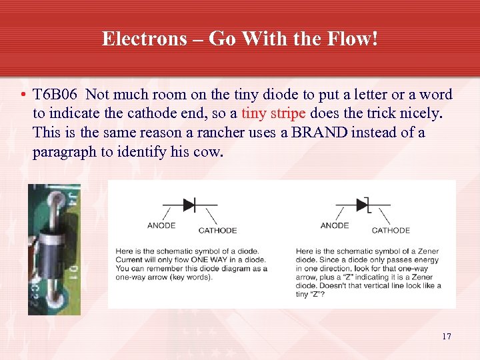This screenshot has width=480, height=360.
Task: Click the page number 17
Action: tap(446, 336)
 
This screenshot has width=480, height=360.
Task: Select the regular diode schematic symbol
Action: tap(189, 205)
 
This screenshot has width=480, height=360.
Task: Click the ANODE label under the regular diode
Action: tap(161, 225)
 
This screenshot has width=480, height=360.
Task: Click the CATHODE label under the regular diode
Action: tap(217, 231)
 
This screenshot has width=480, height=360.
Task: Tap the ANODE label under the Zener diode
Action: tap(334, 225)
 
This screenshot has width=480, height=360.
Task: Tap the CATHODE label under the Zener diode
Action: tap(391, 231)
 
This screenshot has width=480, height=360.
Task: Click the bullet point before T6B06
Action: tap(23, 95)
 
